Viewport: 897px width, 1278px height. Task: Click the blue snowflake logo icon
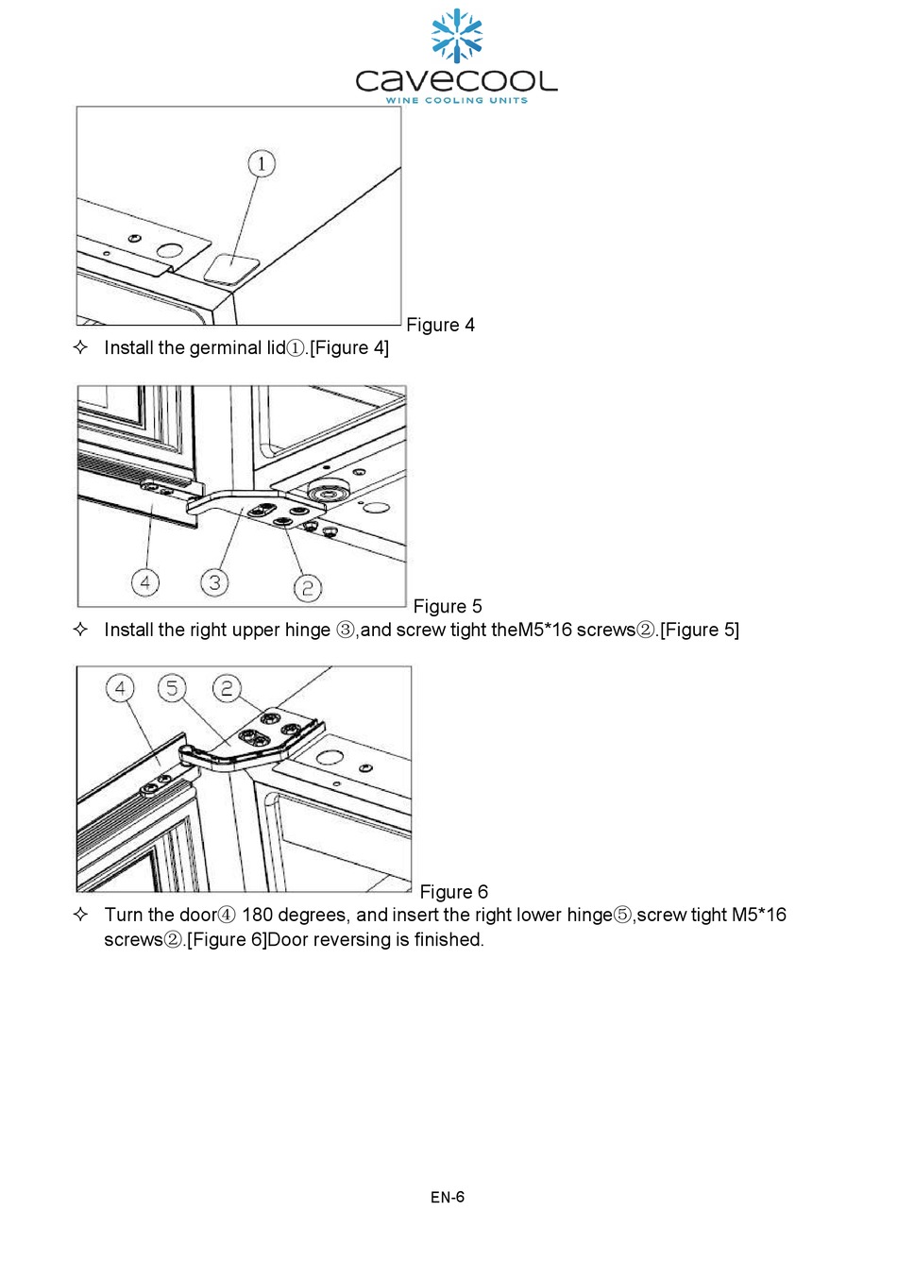[457, 36]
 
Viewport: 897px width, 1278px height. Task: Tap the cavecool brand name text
[456, 81]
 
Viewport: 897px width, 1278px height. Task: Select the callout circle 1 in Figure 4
[262, 163]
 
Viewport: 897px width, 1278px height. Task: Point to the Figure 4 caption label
[440, 325]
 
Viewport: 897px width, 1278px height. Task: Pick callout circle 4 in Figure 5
[144, 582]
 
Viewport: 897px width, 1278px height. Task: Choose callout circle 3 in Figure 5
[214, 582]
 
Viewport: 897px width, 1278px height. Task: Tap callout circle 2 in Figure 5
[308, 589]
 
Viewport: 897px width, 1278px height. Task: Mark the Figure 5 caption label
[448, 606]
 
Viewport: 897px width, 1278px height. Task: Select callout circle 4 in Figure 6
[120, 688]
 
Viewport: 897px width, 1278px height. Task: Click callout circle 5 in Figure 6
[171, 688]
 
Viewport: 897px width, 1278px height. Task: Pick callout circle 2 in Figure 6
[227, 688]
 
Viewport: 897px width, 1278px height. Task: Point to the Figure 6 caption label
[453, 892]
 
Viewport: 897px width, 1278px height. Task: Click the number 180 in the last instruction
[258, 915]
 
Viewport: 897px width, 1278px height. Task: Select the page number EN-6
[448, 1197]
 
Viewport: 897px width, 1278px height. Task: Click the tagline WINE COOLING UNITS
[456, 100]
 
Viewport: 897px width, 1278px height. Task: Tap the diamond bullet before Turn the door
[80, 914]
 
